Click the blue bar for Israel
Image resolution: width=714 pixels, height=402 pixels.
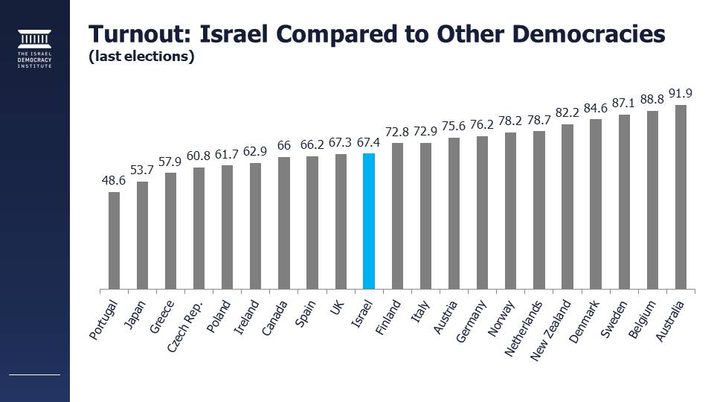369,221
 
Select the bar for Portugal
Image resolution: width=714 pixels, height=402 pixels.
114,240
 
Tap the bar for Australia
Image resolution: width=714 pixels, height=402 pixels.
681,197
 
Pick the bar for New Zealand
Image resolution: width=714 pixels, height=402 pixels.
567,206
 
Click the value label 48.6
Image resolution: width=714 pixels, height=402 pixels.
114,181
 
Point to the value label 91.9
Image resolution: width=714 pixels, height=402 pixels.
681,93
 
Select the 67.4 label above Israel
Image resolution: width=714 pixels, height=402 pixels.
369,141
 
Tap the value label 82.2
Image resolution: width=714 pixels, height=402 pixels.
567,112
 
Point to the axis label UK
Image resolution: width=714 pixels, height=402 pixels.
338,307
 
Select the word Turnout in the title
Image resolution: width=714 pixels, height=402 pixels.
142,34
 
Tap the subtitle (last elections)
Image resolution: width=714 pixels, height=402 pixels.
141,57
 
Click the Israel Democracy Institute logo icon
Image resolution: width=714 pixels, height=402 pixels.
35,39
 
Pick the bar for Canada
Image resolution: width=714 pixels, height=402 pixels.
283,223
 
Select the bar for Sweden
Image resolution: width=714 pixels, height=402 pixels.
624,201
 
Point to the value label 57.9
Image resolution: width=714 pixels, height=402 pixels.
170,161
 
